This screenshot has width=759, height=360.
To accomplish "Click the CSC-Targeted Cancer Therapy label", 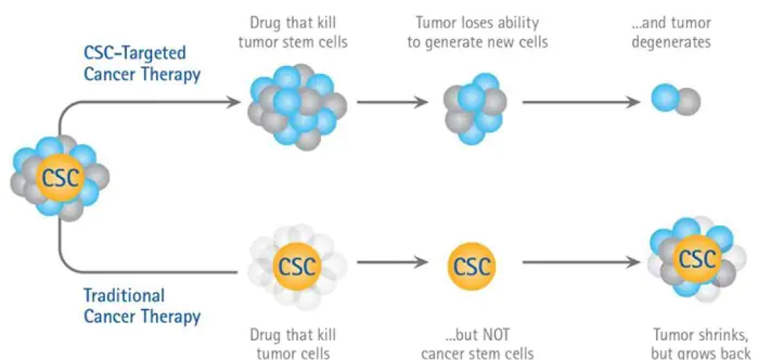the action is [x=142, y=64].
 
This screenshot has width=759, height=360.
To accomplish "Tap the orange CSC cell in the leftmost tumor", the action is [x=60, y=178].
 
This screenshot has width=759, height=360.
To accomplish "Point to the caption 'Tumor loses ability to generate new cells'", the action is [x=477, y=32].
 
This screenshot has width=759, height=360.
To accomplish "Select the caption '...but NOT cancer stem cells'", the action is [x=477, y=343].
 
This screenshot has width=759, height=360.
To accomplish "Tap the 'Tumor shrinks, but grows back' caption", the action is [x=702, y=343].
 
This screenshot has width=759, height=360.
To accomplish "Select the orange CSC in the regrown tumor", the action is [x=697, y=260].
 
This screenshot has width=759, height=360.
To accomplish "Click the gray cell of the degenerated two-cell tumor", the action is [x=687, y=102].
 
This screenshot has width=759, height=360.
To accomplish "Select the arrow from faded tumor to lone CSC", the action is [x=392, y=263].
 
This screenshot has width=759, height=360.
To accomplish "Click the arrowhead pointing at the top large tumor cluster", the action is [x=234, y=102].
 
